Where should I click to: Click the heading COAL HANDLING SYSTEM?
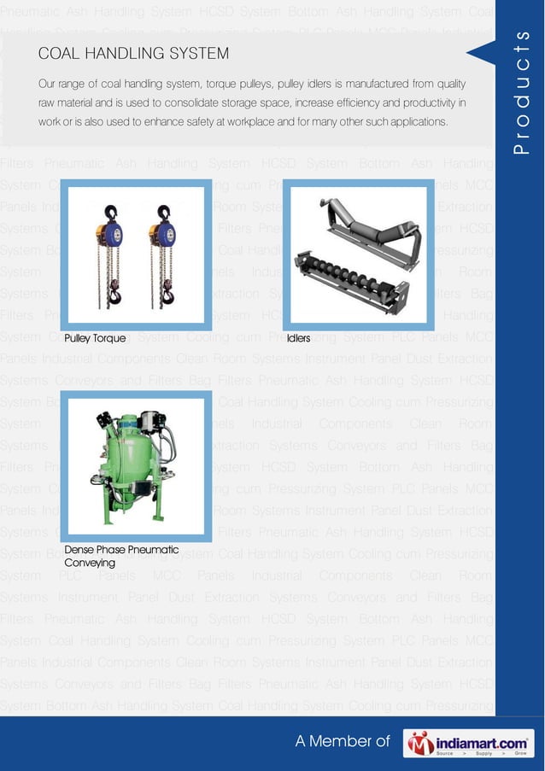pos(133,54)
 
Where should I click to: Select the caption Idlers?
pos(299,338)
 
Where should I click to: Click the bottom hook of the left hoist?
pos(115,296)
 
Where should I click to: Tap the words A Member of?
pos(342,742)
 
